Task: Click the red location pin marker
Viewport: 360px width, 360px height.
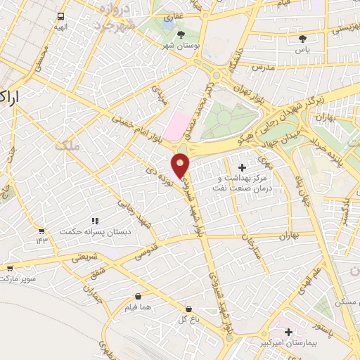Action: pyautogui.click(x=181, y=165)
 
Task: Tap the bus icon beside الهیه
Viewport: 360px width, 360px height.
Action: pyautogui.click(x=61, y=16)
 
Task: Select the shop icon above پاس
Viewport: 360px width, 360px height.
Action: pyautogui.click(x=303, y=38)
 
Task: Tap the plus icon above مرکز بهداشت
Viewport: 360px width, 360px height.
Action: pyautogui.click(x=243, y=167)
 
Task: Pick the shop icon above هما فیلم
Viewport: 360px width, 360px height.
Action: pyautogui.click(x=138, y=296)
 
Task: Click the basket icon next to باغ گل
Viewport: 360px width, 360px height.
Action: pyautogui.click(x=188, y=309)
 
